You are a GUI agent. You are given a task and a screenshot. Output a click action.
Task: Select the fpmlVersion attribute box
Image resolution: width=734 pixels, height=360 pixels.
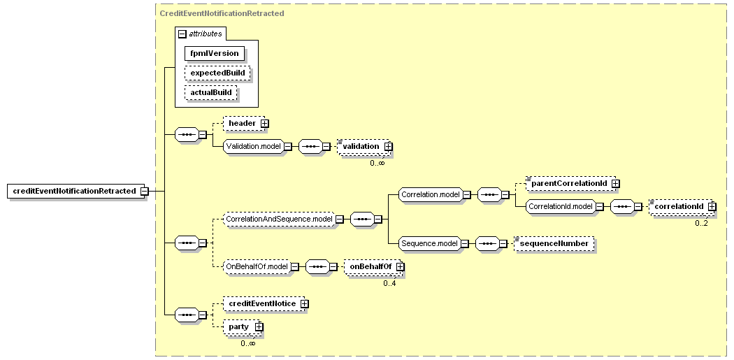click(215, 53)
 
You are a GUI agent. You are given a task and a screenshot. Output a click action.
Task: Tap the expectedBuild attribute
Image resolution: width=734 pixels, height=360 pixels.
click(217, 73)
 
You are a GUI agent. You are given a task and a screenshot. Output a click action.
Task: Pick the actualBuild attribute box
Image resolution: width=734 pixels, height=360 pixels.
click(210, 93)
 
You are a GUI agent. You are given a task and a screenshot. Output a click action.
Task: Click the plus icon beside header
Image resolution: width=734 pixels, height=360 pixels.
click(264, 123)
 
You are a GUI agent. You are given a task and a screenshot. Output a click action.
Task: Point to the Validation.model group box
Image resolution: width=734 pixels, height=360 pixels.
click(253, 147)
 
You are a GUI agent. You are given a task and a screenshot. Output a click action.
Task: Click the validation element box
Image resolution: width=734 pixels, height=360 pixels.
click(364, 147)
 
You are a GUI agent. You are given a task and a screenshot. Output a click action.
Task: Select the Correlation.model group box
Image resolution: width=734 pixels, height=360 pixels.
click(430, 194)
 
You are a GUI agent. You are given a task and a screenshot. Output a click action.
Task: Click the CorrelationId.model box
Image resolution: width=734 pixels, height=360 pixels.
click(561, 206)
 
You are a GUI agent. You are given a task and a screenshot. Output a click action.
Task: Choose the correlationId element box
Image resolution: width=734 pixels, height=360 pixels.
click(681, 206)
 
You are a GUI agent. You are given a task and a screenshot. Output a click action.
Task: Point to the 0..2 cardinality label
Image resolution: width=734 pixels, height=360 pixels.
click(701, 223)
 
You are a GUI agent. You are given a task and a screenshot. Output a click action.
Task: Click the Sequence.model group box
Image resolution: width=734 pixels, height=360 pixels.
click(429, 243)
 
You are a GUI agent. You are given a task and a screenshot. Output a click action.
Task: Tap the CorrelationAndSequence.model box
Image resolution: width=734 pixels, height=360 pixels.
click(279, 219)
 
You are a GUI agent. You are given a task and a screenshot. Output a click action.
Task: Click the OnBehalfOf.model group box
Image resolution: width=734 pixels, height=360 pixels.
click(257, 266)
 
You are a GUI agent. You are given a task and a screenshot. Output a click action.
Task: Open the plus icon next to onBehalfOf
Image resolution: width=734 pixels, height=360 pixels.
click(400, 266)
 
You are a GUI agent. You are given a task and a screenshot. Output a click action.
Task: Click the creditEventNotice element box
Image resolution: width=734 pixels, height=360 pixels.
click(264, 304)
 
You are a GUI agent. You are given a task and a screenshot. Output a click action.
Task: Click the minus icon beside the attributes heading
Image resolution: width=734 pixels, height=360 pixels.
click(182, 34)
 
